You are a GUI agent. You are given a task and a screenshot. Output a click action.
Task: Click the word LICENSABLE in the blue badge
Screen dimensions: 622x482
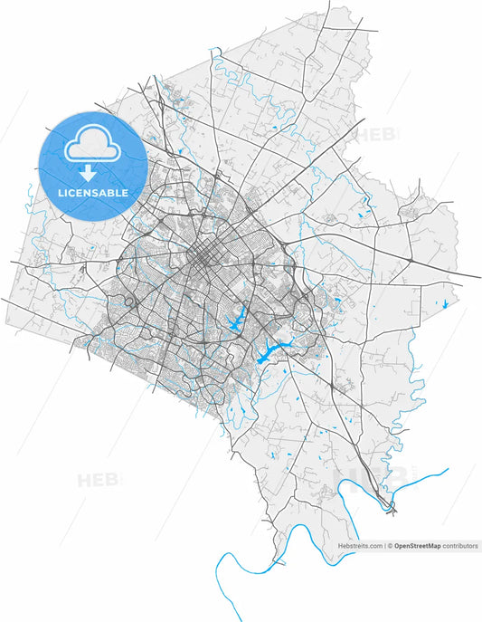[93, 193]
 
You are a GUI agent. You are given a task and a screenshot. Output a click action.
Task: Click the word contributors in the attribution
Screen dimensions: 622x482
[459, 546]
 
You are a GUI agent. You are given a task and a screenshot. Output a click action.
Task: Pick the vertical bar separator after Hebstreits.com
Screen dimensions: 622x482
[386, 546]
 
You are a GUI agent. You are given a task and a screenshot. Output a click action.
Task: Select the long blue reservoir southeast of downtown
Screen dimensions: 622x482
[271, 352]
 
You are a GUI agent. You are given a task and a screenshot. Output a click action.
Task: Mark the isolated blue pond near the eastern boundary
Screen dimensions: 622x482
[445, 303]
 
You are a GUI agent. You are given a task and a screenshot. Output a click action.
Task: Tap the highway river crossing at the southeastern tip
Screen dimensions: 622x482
[391, 508]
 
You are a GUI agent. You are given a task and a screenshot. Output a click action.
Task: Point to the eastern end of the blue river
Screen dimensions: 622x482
[448, 470]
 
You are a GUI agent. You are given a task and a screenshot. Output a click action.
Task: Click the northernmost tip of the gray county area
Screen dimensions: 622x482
[345, 7]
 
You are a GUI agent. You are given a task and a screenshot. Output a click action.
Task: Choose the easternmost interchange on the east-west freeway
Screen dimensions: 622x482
[411, 260]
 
